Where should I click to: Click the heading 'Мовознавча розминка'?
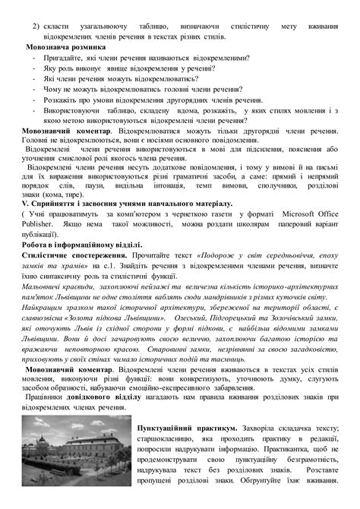click(64, 46)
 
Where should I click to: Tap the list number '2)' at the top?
click(34, 27)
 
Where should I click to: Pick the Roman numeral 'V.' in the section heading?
click(24, 204)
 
